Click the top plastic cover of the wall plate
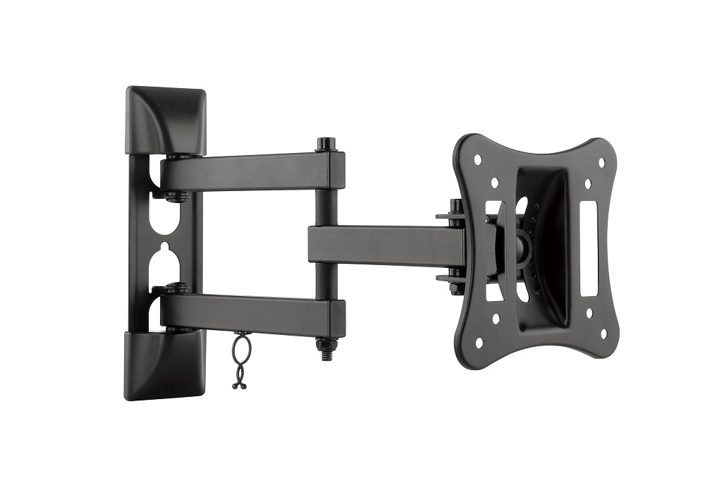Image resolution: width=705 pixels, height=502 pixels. tap(166, 120)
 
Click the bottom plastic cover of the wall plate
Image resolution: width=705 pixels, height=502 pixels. tap(166, 365)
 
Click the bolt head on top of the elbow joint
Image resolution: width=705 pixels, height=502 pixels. tap(325, 144)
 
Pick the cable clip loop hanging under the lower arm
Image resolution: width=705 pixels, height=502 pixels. tap(239, 360)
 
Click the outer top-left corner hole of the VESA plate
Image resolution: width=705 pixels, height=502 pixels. tap(477, 159)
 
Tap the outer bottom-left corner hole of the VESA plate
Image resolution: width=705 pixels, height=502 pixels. tap(479, 343)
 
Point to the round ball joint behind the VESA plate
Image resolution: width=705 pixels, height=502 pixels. tap(523, 245)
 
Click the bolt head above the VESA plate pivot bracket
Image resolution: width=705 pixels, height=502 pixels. tap(456, 206)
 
